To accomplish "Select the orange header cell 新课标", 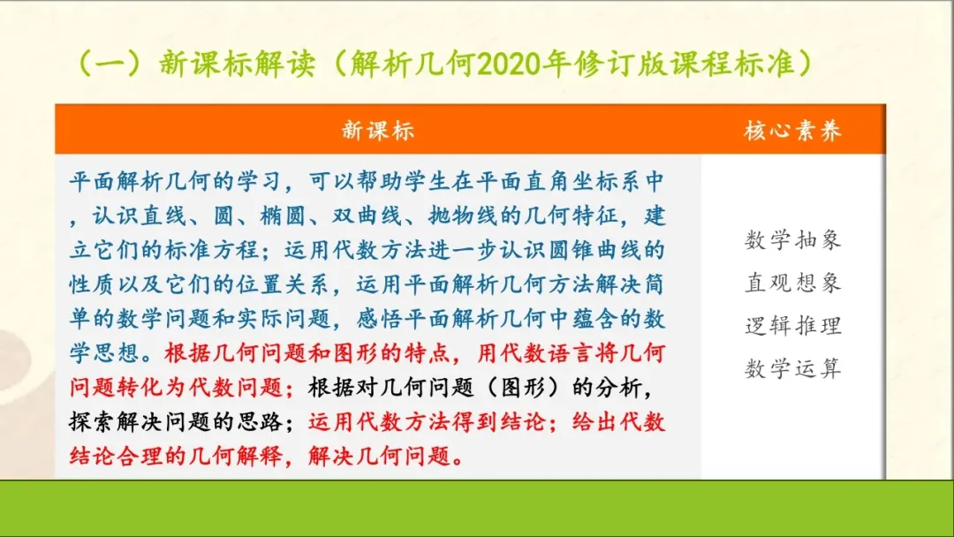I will pyautogui.click(x=377, y=131).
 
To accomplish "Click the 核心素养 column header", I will pyautogui.click(x=792, y=131).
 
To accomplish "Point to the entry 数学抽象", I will pyautogui.click(x=792, y=239).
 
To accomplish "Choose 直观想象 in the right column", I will pyautogui.click(x=792, y=283).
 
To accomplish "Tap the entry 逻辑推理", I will pyautogui.click(x=792, y=326).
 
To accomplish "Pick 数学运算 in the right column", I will pyautogui.click(x=792, y=368).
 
